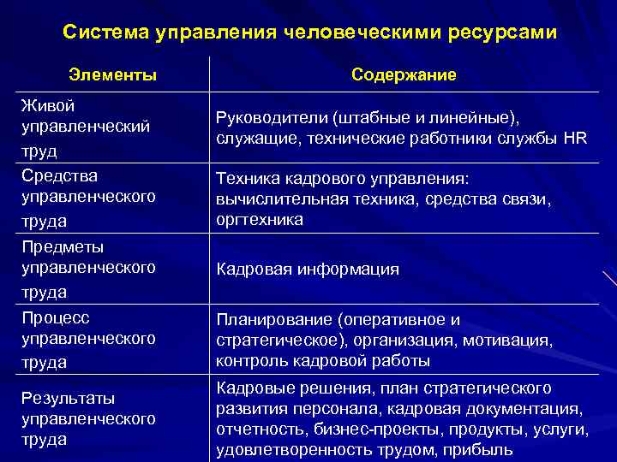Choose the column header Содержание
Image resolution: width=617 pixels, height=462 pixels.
click(404, 75)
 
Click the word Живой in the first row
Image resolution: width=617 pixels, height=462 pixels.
click(47, 106)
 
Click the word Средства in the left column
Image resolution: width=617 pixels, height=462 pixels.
click(59, 176)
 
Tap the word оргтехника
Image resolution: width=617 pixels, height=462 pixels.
click(258, 220)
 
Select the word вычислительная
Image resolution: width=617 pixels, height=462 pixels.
click(275, 198)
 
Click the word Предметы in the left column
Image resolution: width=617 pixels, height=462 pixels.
click(63, 247)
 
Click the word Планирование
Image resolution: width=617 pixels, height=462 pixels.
click(274, 320)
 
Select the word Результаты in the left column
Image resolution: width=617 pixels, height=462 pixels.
click(69, 399)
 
